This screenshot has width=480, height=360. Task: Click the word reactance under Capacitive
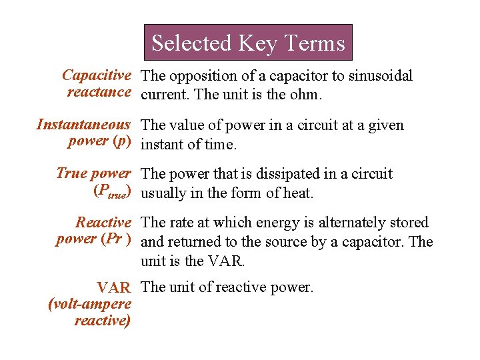click(x=99, y=92)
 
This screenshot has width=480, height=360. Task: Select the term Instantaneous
click(x=83, y=125)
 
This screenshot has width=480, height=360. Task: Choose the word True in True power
click(x=71, y=174)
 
